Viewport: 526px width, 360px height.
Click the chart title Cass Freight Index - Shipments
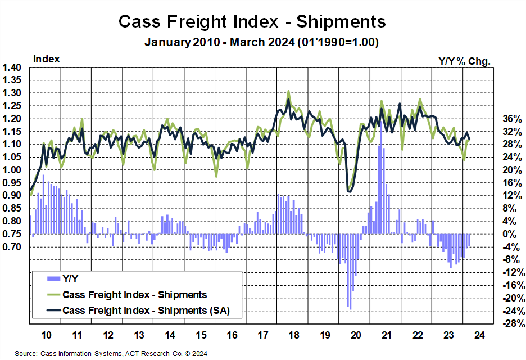tap(252, 21)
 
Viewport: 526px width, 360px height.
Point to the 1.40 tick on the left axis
tap(12, 67)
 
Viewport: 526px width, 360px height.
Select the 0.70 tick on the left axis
tap(12, 247)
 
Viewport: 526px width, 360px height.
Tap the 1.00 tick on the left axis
tap(12, 170)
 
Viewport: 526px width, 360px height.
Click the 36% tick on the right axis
tap(511, 119)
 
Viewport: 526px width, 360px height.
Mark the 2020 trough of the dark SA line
tap(350, 192)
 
